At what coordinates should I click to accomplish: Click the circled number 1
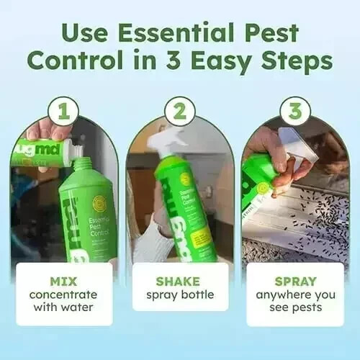click(x=64, y=112)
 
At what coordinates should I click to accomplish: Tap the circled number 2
click(x=180, y=112)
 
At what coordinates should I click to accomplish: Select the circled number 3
click(x=295, y=112)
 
